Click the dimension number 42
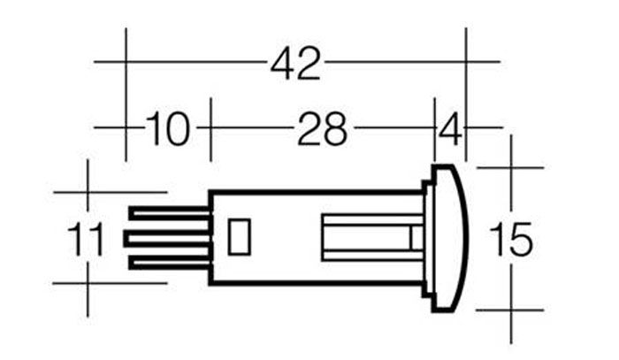[x=295, y=64]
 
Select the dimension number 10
[x=168, y=128]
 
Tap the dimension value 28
[x=322, y=128]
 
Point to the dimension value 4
[x=450, y=128]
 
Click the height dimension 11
[x=86, y=239]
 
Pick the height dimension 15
[x=511, y=239]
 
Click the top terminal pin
[x=170, y=215]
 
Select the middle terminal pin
[x=167, y=239]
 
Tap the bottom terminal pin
[x=170, y=262]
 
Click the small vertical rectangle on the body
[x=240, y=237]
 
